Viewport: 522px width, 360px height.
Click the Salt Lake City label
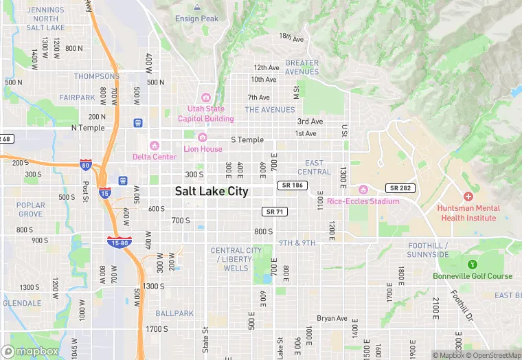click(x=212, y=192)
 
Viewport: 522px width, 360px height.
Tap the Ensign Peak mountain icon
click(x=197, y=8)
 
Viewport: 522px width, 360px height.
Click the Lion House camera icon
click(x=203, y=137)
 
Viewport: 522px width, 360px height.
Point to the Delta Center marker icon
click(x=155, y=146)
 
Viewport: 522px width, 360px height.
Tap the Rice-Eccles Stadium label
click(x=363, y=201)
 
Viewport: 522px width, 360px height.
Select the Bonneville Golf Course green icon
click(x=473, y=265)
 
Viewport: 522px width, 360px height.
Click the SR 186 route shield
click(x=292, y=185)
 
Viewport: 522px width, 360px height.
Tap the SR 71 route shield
click(x=274, y=212)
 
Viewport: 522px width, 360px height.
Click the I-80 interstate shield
click(x=86, y=165)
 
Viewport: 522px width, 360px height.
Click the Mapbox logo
click(x=30, y=351)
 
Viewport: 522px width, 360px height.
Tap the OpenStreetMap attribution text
click(x=493, y=355)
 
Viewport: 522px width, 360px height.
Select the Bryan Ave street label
click(x=332, y=319)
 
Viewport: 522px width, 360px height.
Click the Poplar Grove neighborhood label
click(x=31, y=210)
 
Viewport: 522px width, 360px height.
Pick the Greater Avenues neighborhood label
click(x=302, y=67)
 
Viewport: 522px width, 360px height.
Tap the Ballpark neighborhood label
click(x=174, y=313)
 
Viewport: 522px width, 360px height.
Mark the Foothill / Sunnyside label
click(x=428, y=250)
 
